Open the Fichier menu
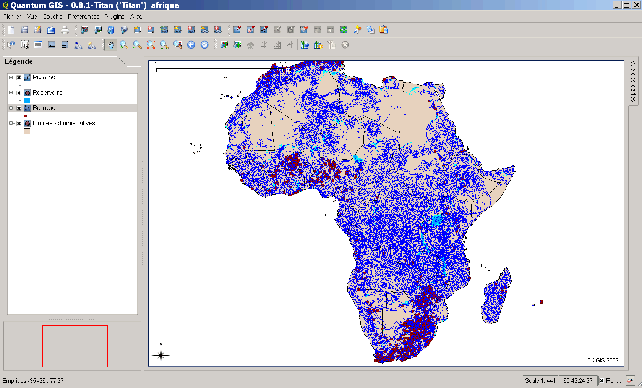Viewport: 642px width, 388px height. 12,16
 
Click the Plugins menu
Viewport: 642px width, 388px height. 114,16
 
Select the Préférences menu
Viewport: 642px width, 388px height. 83,16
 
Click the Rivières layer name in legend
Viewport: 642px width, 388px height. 44,77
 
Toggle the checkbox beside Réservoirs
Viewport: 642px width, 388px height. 19,93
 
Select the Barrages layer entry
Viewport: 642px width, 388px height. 45,108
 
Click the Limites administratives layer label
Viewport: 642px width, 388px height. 64,123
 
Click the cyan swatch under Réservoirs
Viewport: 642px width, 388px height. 27,100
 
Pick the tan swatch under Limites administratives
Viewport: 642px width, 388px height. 27,131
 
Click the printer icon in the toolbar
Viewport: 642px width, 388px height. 65,30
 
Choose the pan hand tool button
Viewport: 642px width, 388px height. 111,45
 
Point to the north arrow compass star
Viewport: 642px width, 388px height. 161,355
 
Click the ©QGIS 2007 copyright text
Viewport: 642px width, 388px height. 602,360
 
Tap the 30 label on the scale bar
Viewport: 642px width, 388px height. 283,64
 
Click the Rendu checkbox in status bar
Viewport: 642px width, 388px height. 601,381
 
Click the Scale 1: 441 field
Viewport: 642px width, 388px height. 540,381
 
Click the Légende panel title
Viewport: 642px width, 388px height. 19,61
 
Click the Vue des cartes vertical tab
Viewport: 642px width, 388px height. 633,81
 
